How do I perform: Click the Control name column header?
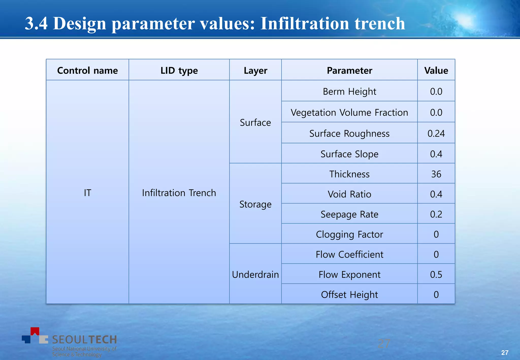click(x=87, y=70)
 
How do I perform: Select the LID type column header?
click(x=179, y=70)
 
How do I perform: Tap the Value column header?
click(x=436, y=70)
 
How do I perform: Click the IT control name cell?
click(x=87, y=193)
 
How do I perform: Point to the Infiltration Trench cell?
click(x=179, y=193)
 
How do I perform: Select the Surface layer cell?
click(x=255, y=122)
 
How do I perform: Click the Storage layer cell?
click(x=255, y=204)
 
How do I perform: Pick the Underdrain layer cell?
click(x=255, y=274)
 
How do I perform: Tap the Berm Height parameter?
click(x=349, y=91)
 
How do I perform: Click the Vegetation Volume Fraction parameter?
click(x=349, y=112)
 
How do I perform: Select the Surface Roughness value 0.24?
click(x=436, y=133)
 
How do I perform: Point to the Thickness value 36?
click(x=436, y=174)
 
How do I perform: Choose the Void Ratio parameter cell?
click(x=349, y=194)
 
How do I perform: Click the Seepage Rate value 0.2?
click(x=436, y=214)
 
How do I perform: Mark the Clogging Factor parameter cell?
click(x=349, y=234)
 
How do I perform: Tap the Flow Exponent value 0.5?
click(x=436, y=274)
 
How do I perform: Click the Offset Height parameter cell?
click(x=349, y=294)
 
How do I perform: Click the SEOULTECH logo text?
click(x=84, y=339)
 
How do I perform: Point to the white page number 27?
click(x=505, y=352)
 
